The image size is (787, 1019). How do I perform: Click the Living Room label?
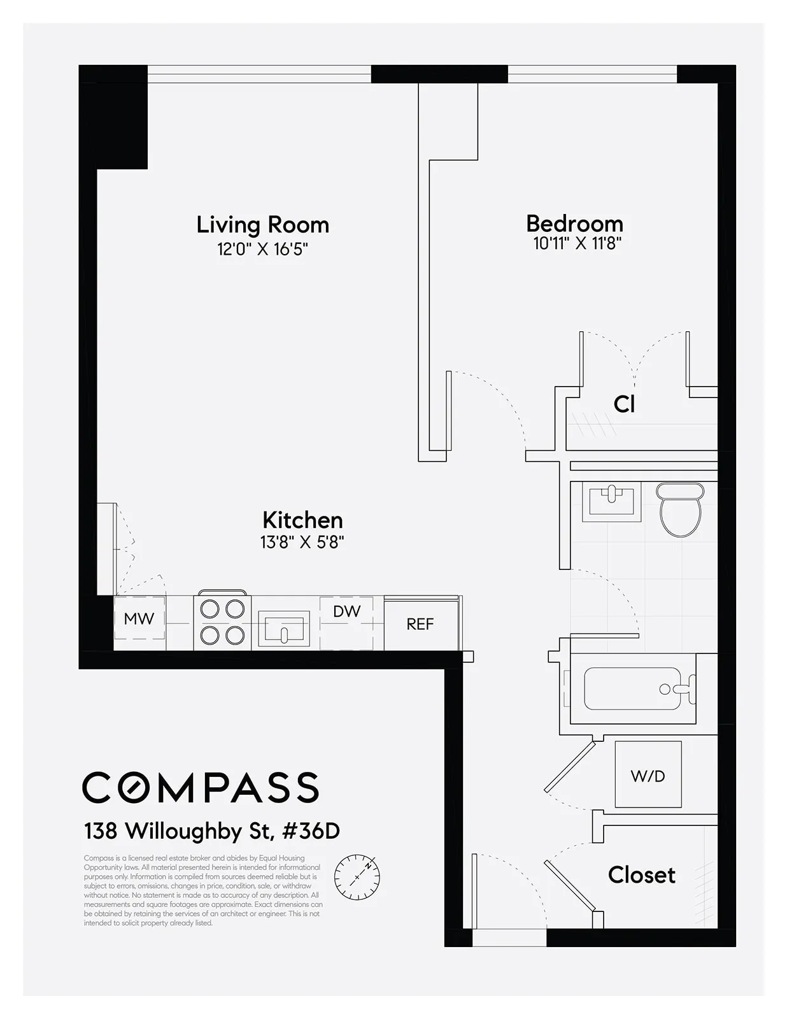[262, 225]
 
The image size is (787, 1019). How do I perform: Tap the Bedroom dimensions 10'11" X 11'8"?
[577, 243]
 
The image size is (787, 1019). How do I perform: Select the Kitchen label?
[302, 520]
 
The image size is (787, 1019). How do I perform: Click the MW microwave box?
[139, 618]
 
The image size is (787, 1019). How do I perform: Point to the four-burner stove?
[222, 622]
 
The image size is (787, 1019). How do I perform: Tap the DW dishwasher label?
[346, 611]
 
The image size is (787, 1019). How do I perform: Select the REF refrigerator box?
[420, 624]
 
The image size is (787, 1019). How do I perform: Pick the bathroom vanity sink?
[611, 501]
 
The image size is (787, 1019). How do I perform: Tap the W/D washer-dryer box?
[648, 776]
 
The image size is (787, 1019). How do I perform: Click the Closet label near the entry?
[641, 875]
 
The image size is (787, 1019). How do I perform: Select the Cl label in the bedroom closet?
[624, 404]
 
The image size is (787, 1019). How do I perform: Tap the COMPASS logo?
[201, 787]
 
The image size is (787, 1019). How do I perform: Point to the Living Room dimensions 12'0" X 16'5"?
[262, 249]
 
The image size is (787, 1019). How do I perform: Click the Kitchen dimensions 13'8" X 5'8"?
[302, 542]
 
